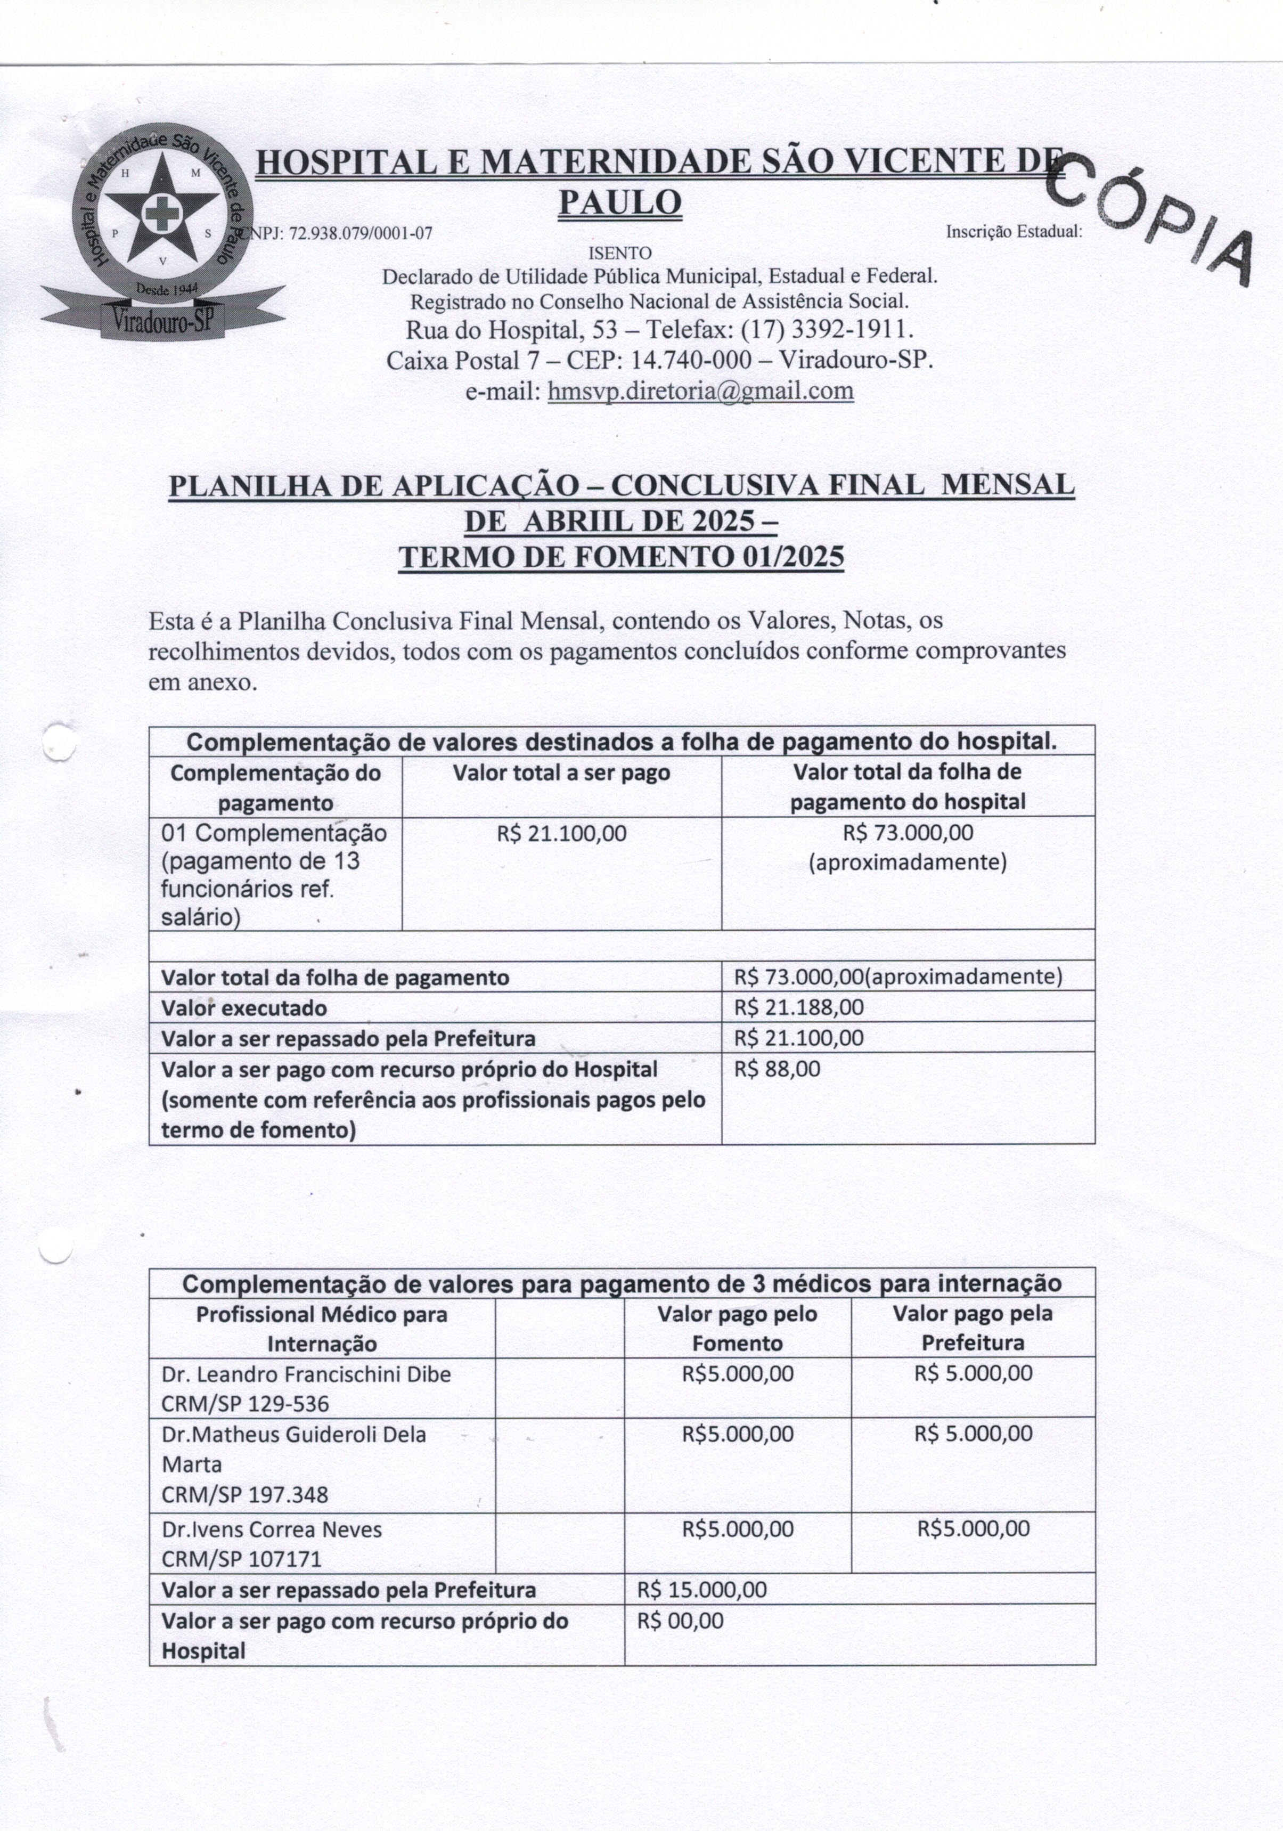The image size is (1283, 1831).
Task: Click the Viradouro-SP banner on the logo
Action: pyautogui.click(x=164, y=319)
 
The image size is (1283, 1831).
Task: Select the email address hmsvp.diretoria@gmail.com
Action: pyautogui.click(x=700, y=391)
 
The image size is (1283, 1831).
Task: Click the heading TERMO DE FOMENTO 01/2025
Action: pyautogui.click(x=620, y=557)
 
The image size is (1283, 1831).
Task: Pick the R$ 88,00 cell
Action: pyautogui.click(x=777, y=1069)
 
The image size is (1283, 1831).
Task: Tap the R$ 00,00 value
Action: pyautogui.click(x=680, y=1621)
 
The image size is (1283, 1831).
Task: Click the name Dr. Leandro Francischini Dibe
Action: pyautogui.click(x=306, y=1374)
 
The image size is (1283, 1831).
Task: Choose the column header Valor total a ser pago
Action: pyautogui.click(x=561, y=773)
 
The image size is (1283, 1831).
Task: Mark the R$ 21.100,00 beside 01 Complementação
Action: pyautogui.click(x=561, y=833)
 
